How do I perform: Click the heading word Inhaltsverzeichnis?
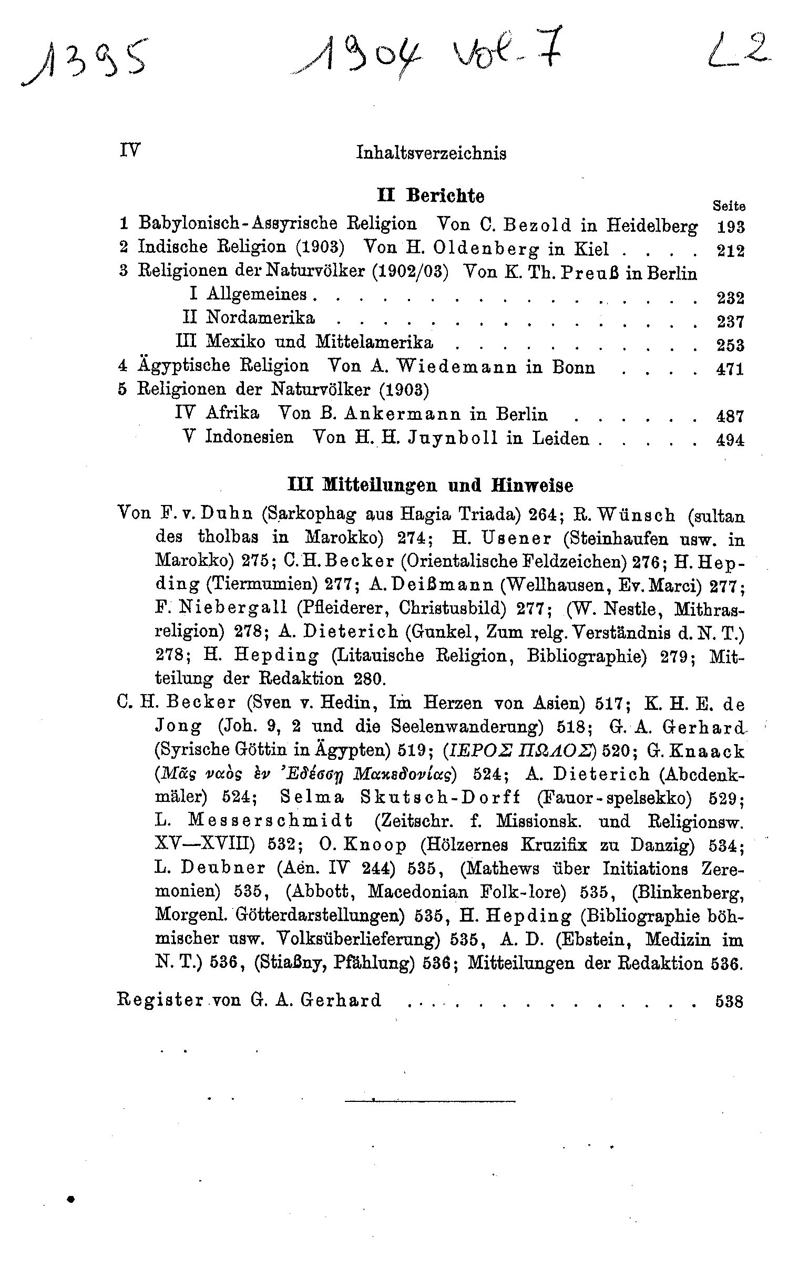431,153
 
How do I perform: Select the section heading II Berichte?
431,196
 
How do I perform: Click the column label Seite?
729,207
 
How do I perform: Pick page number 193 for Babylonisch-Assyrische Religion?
731,227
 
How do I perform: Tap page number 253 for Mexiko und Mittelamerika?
731,345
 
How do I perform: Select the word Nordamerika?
260,318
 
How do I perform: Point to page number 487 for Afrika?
731,416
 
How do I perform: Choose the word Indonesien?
249,438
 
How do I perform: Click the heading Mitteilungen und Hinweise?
431,485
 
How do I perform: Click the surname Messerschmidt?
270,821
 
